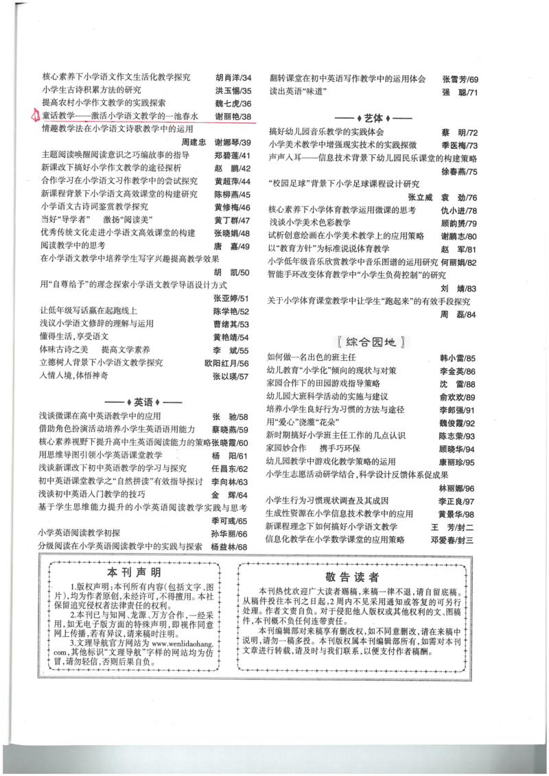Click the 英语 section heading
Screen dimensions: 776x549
[x=143, y=401]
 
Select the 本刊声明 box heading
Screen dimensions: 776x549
[x=135, y=572]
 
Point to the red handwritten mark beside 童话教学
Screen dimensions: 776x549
[x=35, y=115]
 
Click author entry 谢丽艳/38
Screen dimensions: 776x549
[x=233, y=116]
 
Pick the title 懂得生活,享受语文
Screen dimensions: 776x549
[x=75, y=336]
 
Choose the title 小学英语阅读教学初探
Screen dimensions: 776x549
[x=80, y=533]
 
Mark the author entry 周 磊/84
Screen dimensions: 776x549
[x=457, y=314]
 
